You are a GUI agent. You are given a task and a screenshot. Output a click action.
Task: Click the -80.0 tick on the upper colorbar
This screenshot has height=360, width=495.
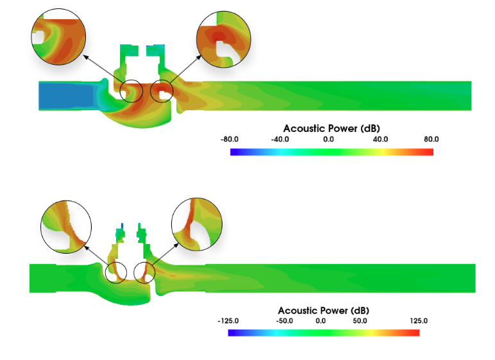pos(230,139)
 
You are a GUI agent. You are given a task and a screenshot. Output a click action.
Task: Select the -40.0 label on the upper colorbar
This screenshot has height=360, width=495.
pos(280,139)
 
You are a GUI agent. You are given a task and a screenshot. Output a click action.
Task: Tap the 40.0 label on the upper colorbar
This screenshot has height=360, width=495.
pos(381,139)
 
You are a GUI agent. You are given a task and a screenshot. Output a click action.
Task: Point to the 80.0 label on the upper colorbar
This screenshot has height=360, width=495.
pos(431,139)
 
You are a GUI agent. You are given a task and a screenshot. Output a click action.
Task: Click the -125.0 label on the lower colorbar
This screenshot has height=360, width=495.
pos(228,321)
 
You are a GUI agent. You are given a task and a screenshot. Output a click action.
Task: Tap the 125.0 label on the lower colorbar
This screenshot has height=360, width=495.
pos(418,321)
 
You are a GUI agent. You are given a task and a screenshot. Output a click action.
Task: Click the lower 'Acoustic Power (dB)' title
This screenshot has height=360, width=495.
pos(323,311)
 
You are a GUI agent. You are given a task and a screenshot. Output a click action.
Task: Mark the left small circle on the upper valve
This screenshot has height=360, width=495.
pos(131,91)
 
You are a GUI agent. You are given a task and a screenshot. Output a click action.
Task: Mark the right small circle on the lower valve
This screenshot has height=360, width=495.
pos(145,272)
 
